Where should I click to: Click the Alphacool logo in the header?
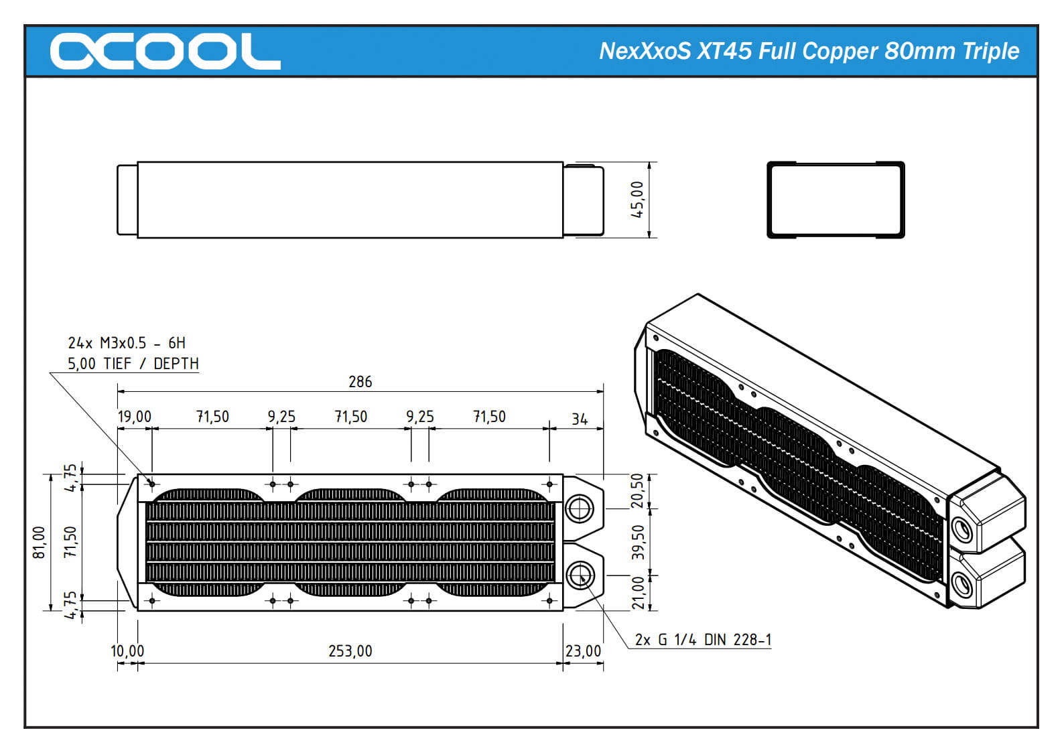pos(165,51)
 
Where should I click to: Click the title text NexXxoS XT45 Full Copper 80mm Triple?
pos(809,51)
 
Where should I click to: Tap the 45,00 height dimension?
pos(637,200)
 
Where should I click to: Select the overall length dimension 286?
pos(360,382)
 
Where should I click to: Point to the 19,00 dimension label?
pos(135,417)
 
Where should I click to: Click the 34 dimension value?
pos(580,419)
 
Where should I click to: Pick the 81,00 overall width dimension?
pos(40,542)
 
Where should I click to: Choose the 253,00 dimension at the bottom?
pos(350,651)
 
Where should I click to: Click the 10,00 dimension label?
pos(127,651)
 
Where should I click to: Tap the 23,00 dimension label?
pos(583,651)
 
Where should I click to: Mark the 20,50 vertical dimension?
pos(637,490)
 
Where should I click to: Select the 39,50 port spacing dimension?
pos(637,542)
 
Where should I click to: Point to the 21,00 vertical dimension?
pos(637,593)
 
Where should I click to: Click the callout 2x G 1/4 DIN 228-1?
pos(703,640)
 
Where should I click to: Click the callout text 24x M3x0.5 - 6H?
pos(127,343)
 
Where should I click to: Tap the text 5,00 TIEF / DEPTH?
pos(133,364)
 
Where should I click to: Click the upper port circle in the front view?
pos(580,508)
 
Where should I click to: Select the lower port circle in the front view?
pos(580,575)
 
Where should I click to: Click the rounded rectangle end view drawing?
pos(836,200)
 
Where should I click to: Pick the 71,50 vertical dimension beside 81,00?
pos(70,542)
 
